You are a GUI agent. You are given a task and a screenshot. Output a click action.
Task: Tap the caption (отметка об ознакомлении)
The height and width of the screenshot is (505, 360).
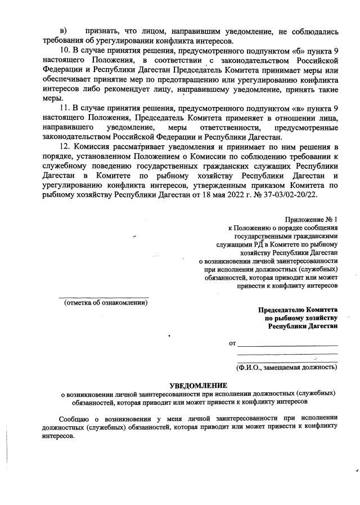(x=106, y=302)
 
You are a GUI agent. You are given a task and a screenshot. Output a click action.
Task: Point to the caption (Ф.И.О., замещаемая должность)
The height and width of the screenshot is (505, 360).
(x=287, y=367)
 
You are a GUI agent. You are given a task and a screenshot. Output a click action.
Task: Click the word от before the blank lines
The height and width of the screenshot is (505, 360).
(x=232, y=342)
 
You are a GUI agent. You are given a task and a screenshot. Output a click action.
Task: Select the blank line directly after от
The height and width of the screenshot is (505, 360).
(x=287, y=344)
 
